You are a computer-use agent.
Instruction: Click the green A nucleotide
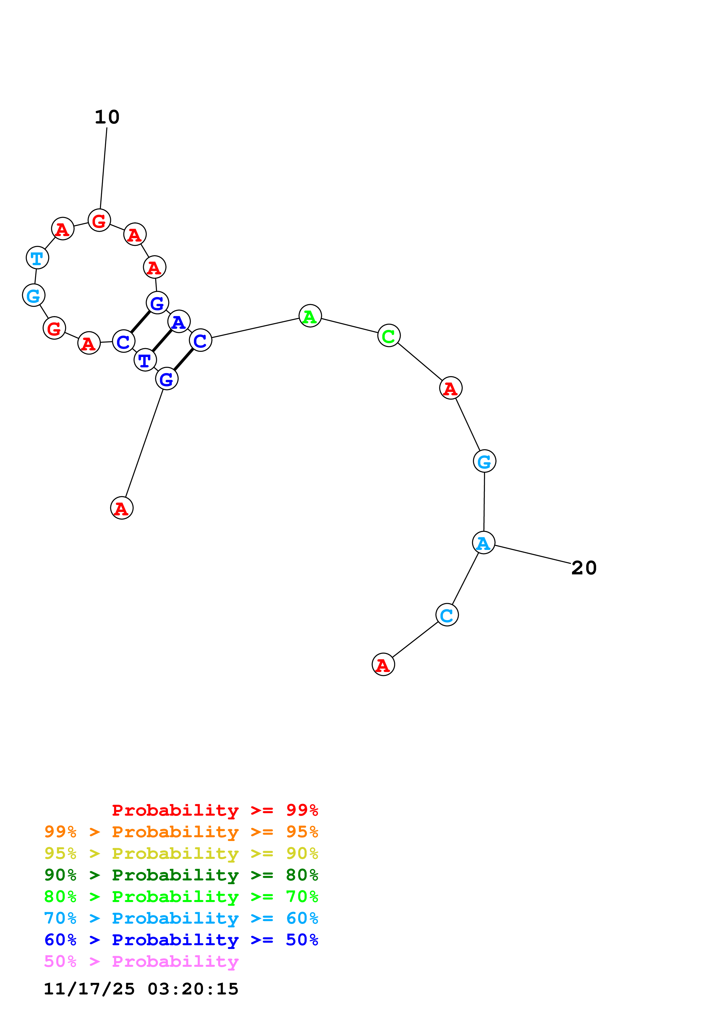(310, 316)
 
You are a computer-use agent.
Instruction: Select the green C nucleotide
(389, 336)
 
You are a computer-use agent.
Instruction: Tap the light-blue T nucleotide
(37, 258)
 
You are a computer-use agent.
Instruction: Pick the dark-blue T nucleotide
(145, 360)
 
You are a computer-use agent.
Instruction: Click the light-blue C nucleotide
(447, 615)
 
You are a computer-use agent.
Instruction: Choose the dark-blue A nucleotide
(179, 322)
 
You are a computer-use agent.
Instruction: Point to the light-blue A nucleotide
(484, 543)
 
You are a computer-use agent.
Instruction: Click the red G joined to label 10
(99, 220)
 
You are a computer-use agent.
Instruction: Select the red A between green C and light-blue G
(450, 388)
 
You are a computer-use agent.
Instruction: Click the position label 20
(584, 568)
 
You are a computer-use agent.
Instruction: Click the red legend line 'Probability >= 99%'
(215, 810)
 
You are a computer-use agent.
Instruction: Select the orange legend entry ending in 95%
(181, 832)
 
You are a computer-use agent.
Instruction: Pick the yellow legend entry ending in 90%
(181, 853)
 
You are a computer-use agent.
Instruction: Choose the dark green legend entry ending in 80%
(181, 875)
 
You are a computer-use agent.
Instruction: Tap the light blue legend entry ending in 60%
(181, 918)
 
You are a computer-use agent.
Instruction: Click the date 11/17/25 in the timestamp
(89, 988)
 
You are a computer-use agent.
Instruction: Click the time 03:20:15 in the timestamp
(193, 988)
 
